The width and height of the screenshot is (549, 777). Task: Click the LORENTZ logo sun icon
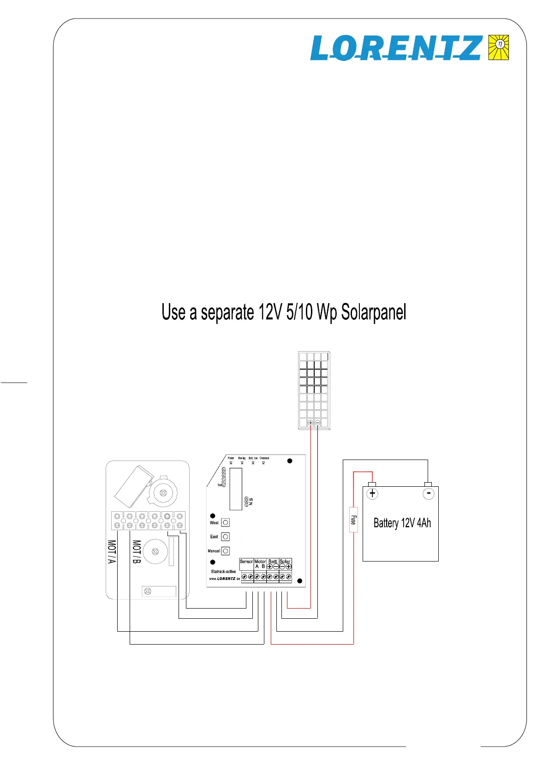[x=499, y=47]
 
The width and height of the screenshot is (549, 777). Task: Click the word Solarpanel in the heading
[x=374, y=312]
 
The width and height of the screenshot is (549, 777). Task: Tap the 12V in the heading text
[x=270, y=312]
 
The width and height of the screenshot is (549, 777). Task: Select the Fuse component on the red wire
[x=353, y=520]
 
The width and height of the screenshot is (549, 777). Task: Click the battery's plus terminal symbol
[x=372, y=493]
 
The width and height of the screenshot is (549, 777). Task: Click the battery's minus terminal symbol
[x=429, y=494]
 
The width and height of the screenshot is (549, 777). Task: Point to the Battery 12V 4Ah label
[x=402, y=523]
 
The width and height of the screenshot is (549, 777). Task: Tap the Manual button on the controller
[x=226, y=551]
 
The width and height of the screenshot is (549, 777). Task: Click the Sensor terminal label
[x=246, y=562]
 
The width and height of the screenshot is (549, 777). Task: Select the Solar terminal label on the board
[x=285, y=562]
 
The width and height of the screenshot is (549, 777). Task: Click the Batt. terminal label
[x=273, y=562]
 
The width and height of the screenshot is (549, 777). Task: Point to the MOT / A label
[x=112, y=552]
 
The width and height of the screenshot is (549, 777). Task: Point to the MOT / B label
[x=137, y=552]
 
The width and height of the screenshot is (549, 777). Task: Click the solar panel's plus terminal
[x=310, y=423]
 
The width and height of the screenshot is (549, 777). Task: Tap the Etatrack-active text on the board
[x=223, y=571]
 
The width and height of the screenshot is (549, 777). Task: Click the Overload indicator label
[x=264, y=458]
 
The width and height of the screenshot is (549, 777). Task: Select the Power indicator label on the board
[x=231, y=458]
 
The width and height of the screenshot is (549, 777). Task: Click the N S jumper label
[x=251, y=501]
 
